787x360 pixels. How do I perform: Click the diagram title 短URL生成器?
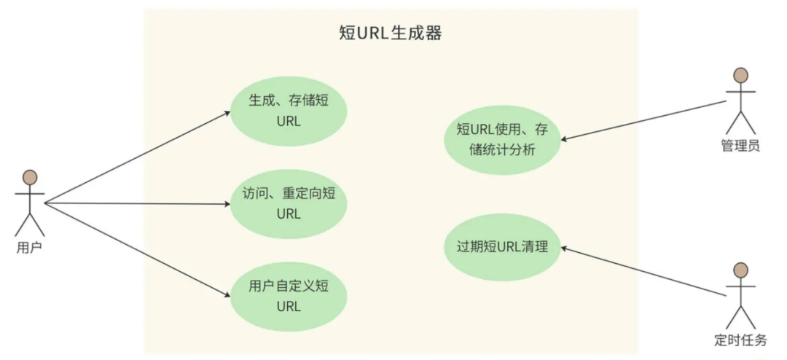click(x=389, y=34)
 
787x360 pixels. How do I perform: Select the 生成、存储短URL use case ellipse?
click(x=289, y=111)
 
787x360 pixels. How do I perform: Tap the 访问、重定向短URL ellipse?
click(x=289, y=204)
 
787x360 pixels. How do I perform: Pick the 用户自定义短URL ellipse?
click(x=289, y=296)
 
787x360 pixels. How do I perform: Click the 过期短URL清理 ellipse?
click(x=502, y=248)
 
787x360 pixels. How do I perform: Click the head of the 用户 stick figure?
click(x=30, y=177)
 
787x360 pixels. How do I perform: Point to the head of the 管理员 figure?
click(x=740, y=75)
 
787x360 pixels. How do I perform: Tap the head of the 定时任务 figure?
click(x=740, y=270)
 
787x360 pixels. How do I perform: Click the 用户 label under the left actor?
click(x=29, y=248)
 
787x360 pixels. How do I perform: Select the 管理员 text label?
click(x=740, y=146)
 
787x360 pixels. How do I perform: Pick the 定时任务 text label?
click(x=741, y=340)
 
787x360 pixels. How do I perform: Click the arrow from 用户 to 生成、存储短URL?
click(x=138, y=157)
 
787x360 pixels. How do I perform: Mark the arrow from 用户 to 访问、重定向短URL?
click(x=138, y=204)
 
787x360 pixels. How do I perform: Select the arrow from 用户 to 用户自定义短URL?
click(x=138, y=249)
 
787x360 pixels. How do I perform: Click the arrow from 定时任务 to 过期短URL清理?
click(x=644, y=272)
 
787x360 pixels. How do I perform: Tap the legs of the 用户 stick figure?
click(x=30, y=224)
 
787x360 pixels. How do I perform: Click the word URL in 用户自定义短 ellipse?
click(x=289, y=306)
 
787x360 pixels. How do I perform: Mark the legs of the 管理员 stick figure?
click(x=740, y=123)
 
